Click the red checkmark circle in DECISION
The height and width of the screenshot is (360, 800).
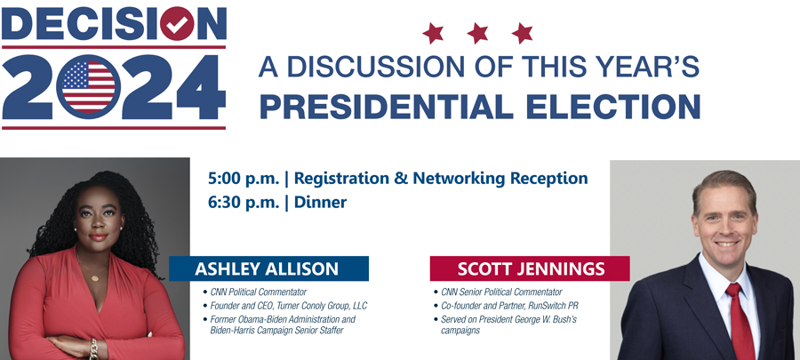pyautogui.click(x=177, y=23)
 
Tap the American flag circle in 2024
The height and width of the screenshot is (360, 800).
pyautogui.click(x=88, y=87)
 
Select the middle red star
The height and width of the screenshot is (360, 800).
pyautogui.click(x=477, y=33)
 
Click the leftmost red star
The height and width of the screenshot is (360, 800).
pyautogui.click(x=433, y=33)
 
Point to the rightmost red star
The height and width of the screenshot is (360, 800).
pyautogui.click(x=523, y=33)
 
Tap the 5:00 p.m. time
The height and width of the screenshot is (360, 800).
pyautogui.click(x=244, y=179)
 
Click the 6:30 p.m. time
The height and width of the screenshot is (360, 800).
pyautogui.click(x=244, y=203)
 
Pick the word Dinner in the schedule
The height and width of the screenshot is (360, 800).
pyautogui.click(x=320, y=203)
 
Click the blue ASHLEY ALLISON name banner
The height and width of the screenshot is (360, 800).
pyautogui.click(x=268, y=268)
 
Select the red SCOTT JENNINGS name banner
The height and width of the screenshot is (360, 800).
pyautogui.click(x=530, y=268)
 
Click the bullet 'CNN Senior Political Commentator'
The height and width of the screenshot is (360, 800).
pyautogui.click(x=498, y=292)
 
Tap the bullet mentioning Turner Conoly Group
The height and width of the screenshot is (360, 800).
pyautogui.click(x=285, y=306)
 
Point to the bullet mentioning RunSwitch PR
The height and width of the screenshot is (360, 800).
pyautogui.click(x=506, y=306)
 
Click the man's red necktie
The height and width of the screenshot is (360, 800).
pyautogui.click(x=740, y=323)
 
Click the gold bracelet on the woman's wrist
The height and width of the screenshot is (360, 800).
pyautogui.click(x=93, y=348)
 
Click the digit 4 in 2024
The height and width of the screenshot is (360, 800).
pyautogui.click(x=201, y=87)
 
